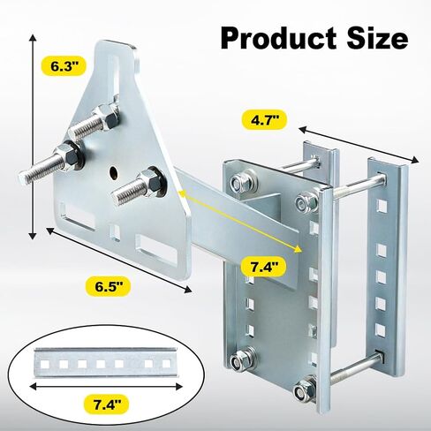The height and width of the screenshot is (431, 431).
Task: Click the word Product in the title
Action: pyautogui.click(x=278, y=39)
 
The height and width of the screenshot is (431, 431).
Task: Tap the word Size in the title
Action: pyautogui.click(x=377, y=39)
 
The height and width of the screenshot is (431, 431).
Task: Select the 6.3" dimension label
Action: pyautogui.click(x=64, y=66)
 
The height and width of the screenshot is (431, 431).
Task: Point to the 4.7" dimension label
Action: pyautogui.click(x=264, y=121)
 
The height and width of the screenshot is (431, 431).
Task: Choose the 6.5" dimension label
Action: pyautogui.click(x=108, y=286)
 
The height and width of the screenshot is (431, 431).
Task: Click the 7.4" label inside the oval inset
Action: pyautogui.click(x=107, y=405)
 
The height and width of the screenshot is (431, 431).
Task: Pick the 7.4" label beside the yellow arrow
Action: pyautogui.click(x=263, y=267)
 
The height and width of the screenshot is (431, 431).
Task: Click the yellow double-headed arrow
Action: pyautogui.click(x=240, y=221)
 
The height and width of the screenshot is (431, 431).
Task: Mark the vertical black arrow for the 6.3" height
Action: pyautogui.click(x=33, y=137)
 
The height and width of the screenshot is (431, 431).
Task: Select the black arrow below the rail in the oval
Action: pyautogui.click(x=107, y=386)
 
